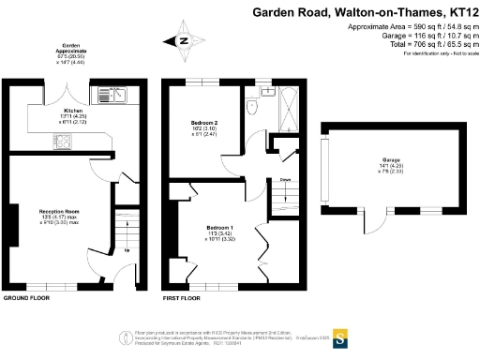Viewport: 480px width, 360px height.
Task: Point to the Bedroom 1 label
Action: (219, 227)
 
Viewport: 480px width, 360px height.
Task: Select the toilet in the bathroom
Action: (251, 108)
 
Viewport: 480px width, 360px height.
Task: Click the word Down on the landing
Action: (284, 179)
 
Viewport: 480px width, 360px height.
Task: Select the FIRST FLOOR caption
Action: (182, 298)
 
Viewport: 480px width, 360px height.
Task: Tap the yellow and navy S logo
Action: (340, 337)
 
